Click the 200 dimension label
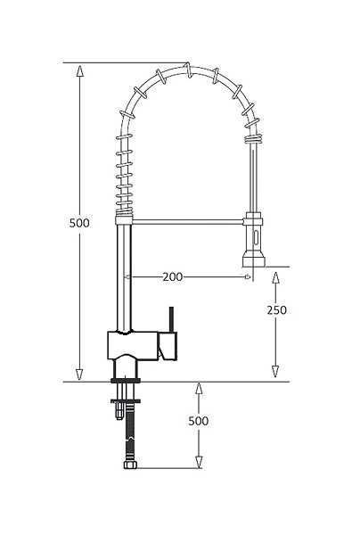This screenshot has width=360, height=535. (x=173, y=276)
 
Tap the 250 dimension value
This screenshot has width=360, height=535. (x=276, y=310)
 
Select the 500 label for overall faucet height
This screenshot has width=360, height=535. (x=79, y=223)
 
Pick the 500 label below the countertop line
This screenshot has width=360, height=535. (x=199, y=421)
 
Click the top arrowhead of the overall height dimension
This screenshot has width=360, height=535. (x=80, y=70)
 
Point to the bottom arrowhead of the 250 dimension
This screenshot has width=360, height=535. (x=275, y=371)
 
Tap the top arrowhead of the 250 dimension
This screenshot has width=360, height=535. (x=275, y=277)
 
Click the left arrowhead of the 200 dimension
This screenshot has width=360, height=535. (x=127, y=276)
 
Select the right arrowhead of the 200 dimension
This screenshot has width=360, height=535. (x=249, y=276)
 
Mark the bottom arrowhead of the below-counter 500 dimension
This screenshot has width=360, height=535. (x=199, y=462)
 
